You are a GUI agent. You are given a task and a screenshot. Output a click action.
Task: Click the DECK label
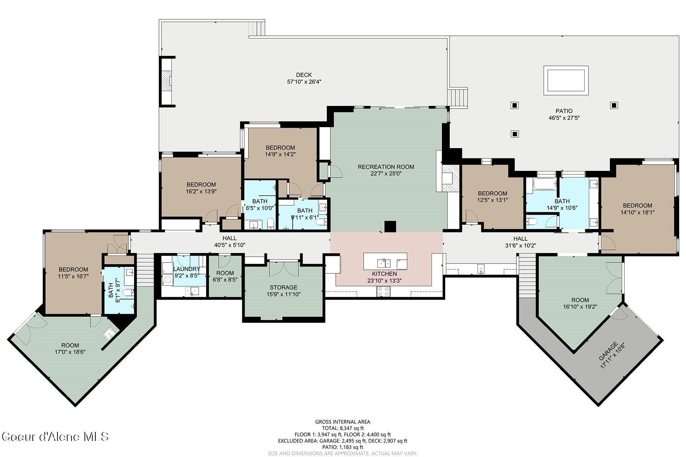click(304, 75)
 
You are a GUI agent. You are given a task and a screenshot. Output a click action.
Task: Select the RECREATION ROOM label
click(386, 167)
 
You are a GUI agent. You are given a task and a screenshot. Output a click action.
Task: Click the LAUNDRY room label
click(186, 269)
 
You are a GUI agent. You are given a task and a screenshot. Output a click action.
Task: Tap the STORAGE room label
click(284, 288)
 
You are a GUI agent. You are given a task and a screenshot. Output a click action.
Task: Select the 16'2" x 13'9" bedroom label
click(201, 185)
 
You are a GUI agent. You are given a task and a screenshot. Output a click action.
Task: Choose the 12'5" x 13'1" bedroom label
click(492, 193)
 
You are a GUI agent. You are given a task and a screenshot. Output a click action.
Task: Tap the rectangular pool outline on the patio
click(566, 80)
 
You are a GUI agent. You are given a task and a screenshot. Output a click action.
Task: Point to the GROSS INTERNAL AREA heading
click(343, 422)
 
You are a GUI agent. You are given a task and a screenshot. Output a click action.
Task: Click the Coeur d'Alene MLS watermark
click(56, 436)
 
